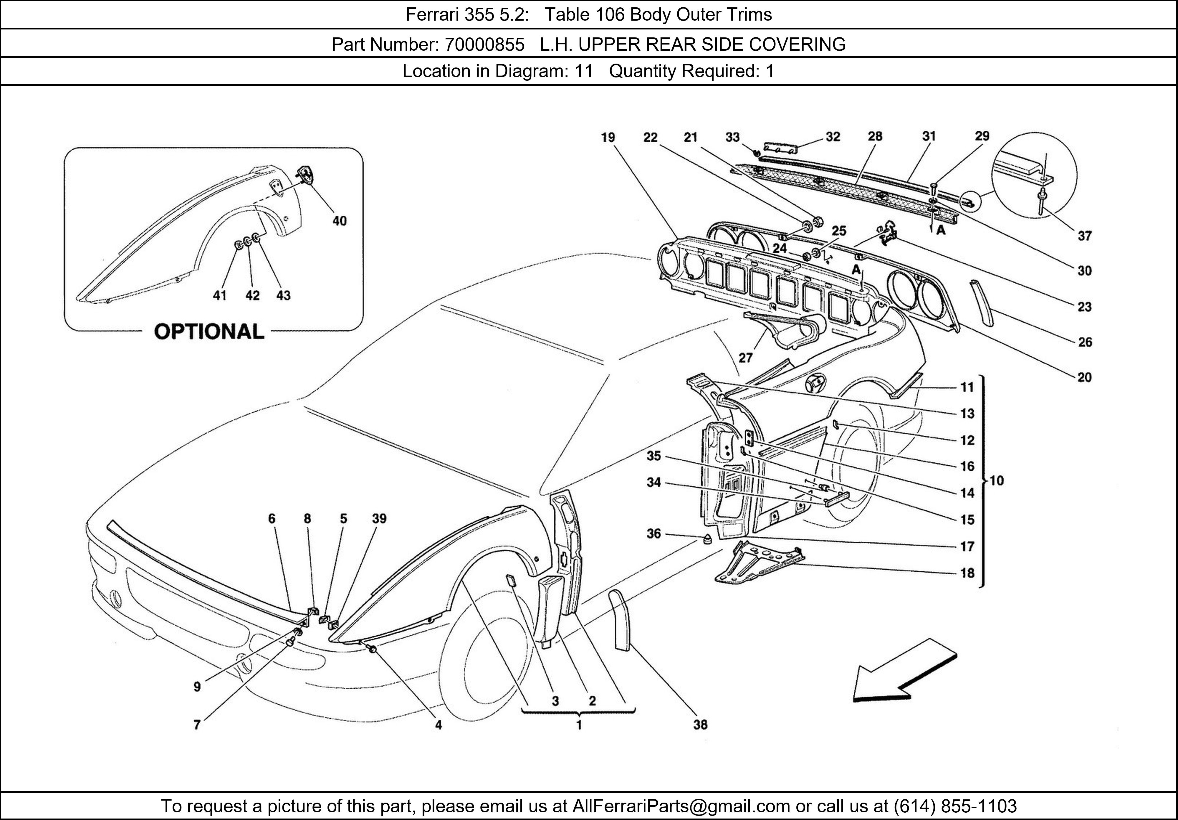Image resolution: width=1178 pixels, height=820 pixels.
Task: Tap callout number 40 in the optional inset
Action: point(340,221)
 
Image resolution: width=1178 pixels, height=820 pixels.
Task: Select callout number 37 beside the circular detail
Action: point(1084,236)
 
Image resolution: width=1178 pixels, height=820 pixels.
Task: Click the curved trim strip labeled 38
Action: point(619,621)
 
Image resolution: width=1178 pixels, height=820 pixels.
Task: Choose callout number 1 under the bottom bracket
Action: point(579,725)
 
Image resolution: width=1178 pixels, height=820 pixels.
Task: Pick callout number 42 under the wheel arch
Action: point(252,295)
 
